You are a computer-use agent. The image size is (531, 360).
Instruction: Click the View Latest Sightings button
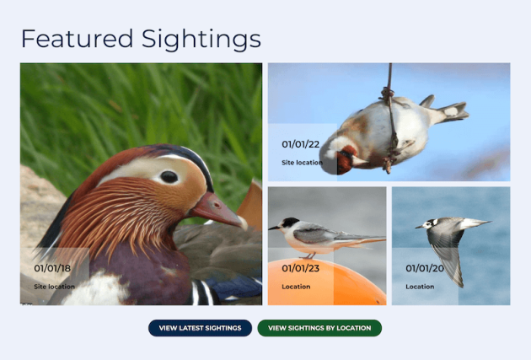(x=200, y=328)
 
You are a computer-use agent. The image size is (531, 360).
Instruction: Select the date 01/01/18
(x=52, y=269)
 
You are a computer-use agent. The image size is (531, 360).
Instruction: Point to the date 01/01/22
(x=300, y=144)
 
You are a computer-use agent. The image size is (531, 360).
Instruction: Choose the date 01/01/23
(x=300, y=269)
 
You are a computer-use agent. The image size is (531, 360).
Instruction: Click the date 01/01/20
(x=424, y=269)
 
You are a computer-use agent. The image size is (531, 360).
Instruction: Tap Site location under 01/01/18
(x=54, y=287)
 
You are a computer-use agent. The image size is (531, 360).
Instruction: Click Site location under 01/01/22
(x=302, y=162)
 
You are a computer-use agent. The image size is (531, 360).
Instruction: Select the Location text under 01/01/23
(x=296, y=287)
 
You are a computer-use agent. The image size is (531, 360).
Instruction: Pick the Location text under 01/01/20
(x=420, y=287)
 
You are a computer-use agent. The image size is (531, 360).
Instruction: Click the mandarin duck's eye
(x=169, y=177)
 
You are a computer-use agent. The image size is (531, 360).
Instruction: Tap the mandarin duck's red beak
(x=216, y=209)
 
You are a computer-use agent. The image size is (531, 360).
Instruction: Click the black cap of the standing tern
(x=289, y=223)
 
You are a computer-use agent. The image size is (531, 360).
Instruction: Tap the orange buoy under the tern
(x=354, y=282)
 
